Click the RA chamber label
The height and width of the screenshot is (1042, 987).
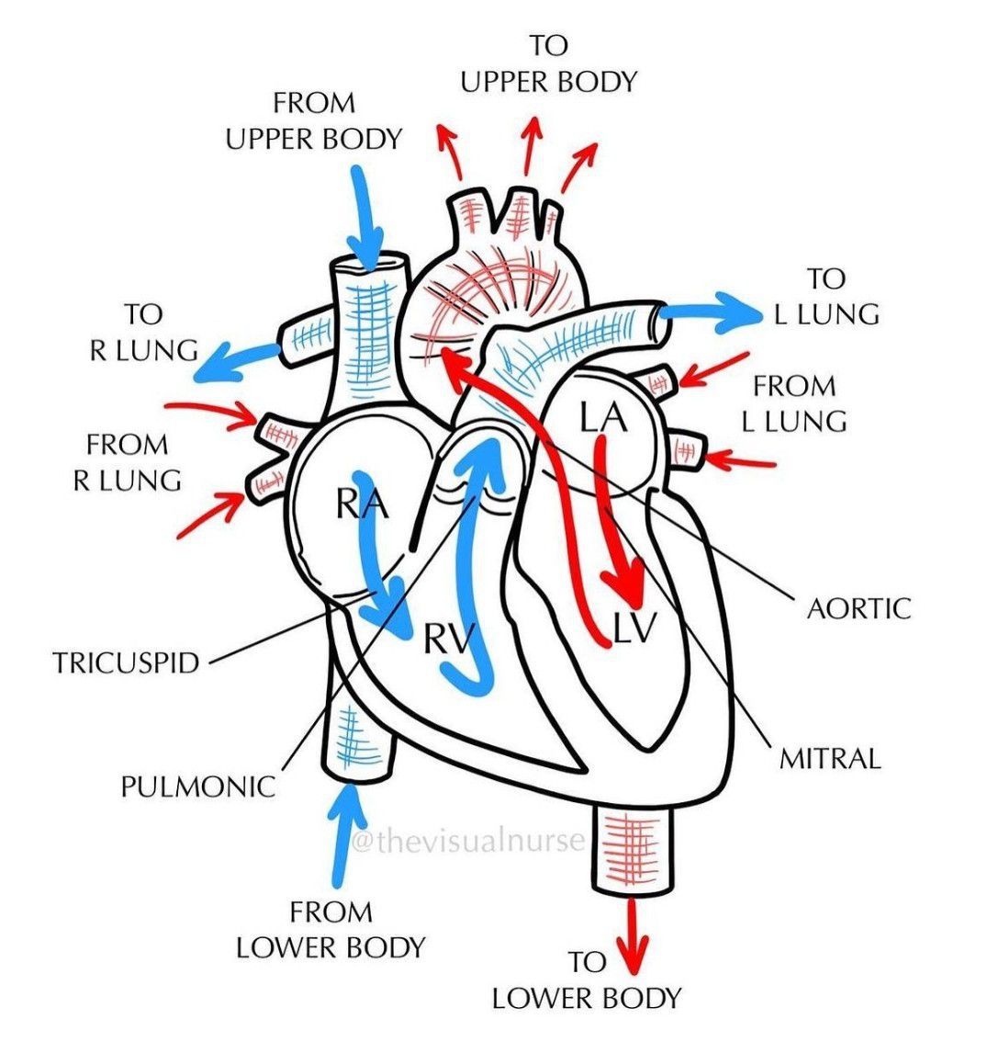[362, 504]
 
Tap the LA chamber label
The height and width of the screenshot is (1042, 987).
[603, 418]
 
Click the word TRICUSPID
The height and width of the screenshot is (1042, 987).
[126, 663]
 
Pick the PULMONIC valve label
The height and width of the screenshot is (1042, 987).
[197, 787]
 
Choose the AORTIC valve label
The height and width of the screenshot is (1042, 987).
[858, 607]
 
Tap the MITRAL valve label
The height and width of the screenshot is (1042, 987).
[829, 758]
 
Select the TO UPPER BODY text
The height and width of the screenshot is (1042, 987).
[548, 63]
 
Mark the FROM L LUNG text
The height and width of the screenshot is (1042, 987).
[794, 403]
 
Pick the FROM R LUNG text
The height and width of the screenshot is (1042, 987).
[127, 462]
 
